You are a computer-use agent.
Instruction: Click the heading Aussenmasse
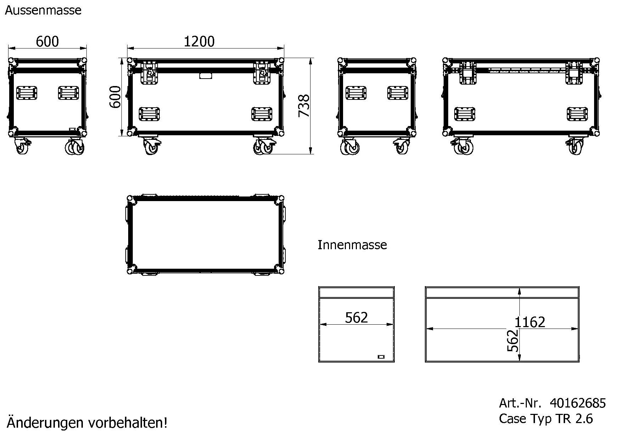coord(43,10)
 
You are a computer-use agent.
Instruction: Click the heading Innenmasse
coord(352,245)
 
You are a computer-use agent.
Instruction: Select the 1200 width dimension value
coord(199,42)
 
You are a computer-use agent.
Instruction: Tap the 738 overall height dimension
coord(304,106)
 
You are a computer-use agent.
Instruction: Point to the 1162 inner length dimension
coord(530,322)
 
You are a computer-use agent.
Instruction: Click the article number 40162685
coord(578,403)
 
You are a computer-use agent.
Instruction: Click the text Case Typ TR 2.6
coord(546,419)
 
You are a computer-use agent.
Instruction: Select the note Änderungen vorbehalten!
coord(87,422)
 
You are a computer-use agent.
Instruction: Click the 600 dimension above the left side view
coord(47,42)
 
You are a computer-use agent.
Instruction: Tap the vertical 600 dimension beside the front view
coord(115,97)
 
